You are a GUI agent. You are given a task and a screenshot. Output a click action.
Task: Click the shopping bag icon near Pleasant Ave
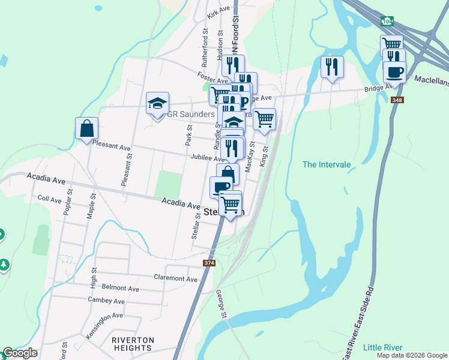point(86,128)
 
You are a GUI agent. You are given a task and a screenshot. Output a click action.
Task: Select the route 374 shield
point(208,263)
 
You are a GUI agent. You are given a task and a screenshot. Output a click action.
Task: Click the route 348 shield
point(396,100)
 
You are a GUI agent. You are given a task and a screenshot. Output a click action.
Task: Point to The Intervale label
point(326,164)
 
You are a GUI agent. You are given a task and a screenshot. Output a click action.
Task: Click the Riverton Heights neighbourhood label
point(133,344)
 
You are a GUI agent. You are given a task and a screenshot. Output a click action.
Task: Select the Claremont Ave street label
point(175,278)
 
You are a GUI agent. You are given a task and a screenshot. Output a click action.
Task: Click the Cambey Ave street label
point(106,301)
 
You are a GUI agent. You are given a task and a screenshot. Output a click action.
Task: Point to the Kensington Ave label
point(104,315)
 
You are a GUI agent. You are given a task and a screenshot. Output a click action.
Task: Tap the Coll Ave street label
point(50,199)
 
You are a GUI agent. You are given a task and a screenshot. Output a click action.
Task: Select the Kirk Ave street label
point(218,13)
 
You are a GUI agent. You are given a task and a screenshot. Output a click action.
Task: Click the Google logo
point(20,353)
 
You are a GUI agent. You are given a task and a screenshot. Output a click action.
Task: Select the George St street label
point(221,305)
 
